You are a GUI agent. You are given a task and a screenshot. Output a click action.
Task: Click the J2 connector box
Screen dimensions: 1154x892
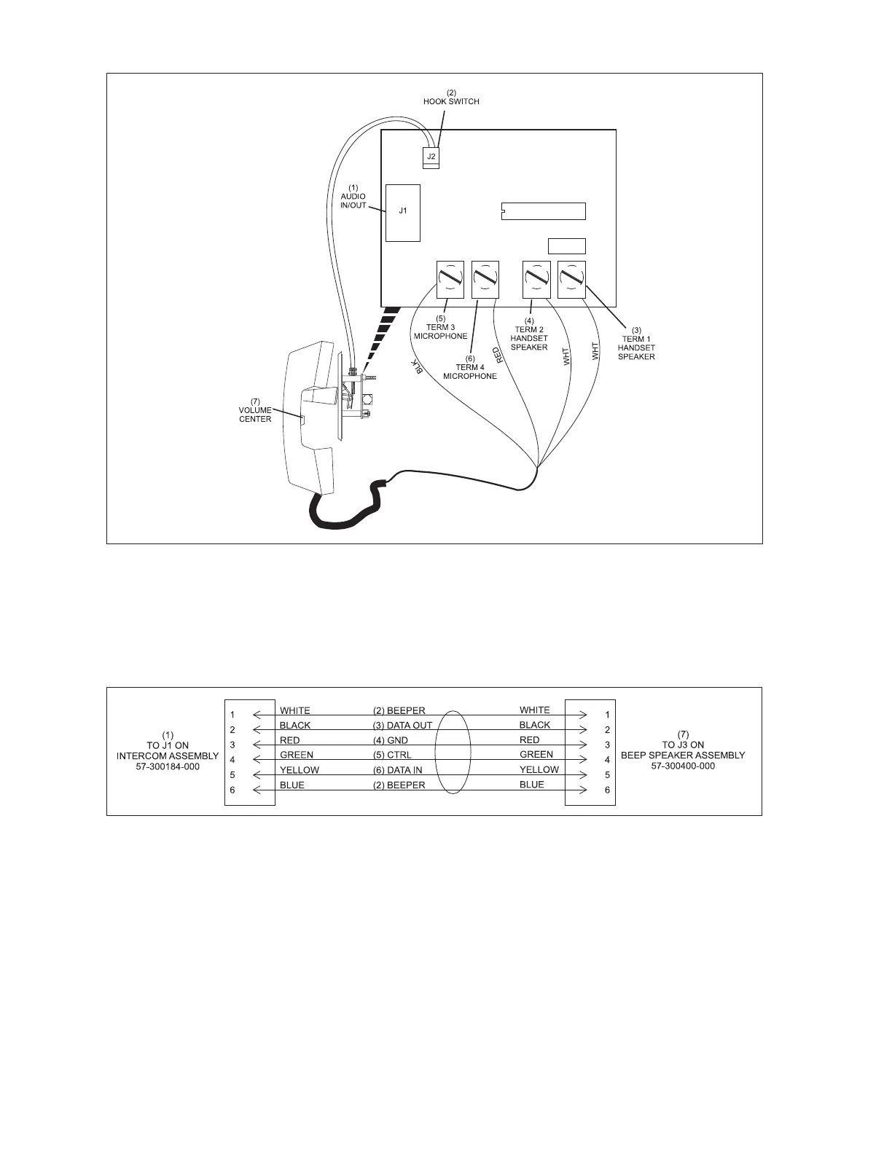[431, 157]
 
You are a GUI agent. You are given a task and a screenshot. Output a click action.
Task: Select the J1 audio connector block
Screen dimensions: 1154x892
[402, 212]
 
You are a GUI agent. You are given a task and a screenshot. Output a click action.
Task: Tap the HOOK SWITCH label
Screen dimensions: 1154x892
[451, 101]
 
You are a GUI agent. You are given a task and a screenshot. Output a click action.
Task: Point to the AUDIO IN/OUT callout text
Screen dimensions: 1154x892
[353, 200]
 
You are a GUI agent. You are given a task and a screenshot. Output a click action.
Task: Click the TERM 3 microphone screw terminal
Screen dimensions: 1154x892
[450, 279]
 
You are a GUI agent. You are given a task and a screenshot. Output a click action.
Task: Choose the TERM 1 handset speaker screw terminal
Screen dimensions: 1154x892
[571, 279]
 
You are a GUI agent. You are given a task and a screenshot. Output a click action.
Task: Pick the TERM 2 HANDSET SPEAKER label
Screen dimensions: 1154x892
[529, 338]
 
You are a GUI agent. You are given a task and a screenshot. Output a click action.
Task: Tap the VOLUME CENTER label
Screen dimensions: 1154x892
[255, 410]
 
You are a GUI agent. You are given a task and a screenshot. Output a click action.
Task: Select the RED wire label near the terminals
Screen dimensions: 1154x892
[498, 355]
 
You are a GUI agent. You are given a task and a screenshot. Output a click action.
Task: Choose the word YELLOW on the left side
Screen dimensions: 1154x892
[300, 770]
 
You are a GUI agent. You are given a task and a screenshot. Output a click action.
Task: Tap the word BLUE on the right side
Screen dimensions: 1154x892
[532, 785]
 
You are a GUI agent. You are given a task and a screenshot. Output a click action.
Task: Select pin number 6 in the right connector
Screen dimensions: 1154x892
[607, 790]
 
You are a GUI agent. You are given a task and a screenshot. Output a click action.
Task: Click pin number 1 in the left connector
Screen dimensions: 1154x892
[232, 715]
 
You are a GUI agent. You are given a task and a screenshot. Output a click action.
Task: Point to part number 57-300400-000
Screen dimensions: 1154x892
[683, 766]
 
